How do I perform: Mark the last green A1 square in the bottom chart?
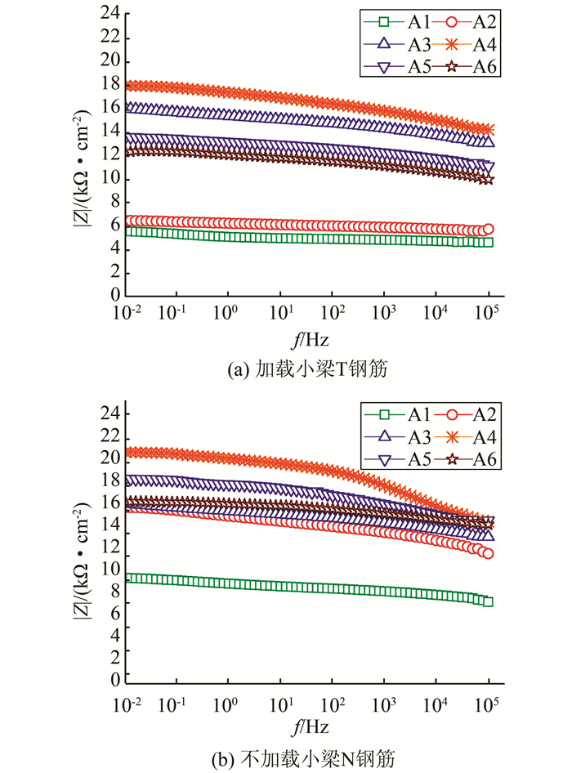[x=489, y=601]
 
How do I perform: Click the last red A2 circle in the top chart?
[x=489, y=230]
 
